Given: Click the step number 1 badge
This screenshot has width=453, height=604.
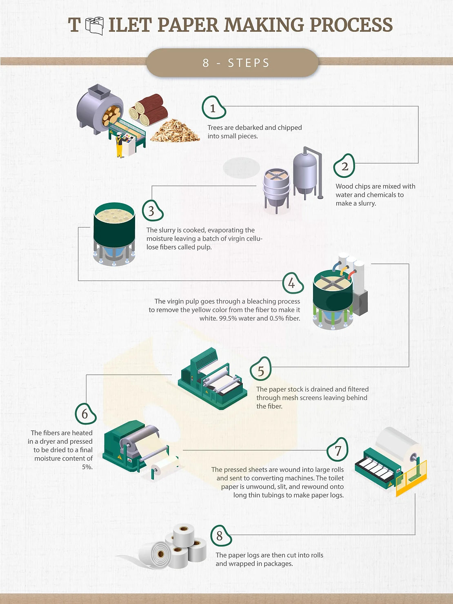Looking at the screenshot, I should click(213, 108).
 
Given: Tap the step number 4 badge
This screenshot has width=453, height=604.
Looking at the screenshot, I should click(292, 283).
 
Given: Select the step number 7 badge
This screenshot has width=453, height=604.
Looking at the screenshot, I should click(338, 450).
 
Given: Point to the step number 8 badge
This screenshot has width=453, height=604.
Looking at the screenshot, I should click(220, 535).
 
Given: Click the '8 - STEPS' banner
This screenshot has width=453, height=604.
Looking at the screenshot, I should click(232, 63).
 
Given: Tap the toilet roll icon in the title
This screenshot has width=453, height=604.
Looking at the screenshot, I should click(95, 26).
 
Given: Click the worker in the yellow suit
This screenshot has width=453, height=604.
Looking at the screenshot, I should click(119, 145).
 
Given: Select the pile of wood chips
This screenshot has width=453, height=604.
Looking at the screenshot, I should click(175, 131).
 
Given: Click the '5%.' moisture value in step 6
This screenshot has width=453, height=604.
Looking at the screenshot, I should click(87, 467).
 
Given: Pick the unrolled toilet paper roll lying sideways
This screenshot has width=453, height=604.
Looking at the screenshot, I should click(155, 555).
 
